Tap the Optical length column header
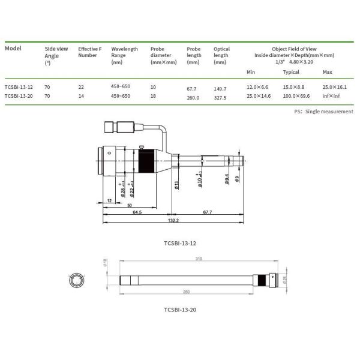[221, 55]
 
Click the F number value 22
[82, 87]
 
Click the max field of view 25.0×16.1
[335, 87]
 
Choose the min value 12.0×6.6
[259, 87]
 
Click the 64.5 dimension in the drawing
[137, 212]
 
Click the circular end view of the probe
[77, 280]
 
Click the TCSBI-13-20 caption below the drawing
[180, 310]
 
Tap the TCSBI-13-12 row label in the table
[19, 87]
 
